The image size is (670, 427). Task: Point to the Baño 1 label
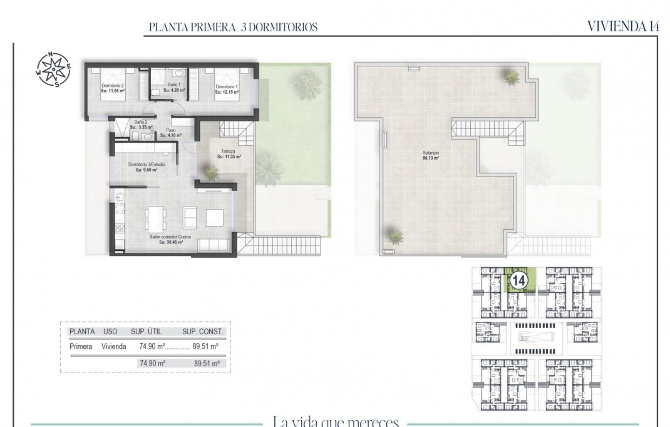(x=172, y=87)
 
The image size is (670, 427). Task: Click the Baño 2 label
(x=141, y=125)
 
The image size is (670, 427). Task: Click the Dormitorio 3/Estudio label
(x=142, y=167)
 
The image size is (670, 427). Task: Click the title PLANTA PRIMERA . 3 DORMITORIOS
(x=233, y=27)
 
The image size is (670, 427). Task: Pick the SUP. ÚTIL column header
(x=147, y=332)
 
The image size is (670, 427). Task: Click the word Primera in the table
(x=81, y=346)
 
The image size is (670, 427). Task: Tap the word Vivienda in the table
(x=114, y=346)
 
